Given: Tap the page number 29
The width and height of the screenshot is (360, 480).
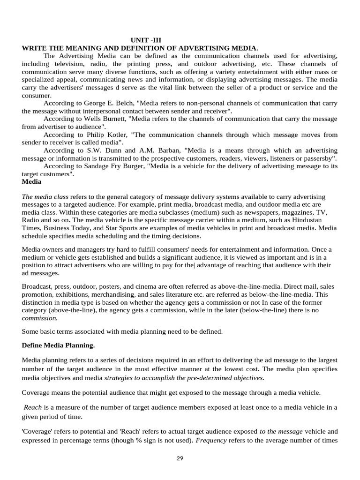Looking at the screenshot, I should click(x=180, y=458).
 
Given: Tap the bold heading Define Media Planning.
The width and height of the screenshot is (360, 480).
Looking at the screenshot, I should click(x=58, y=345).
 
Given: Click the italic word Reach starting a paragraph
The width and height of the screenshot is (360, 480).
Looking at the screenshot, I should click(x=33, y=407).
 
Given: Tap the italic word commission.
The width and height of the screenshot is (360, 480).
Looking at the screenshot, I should click(x=40, y=318).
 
